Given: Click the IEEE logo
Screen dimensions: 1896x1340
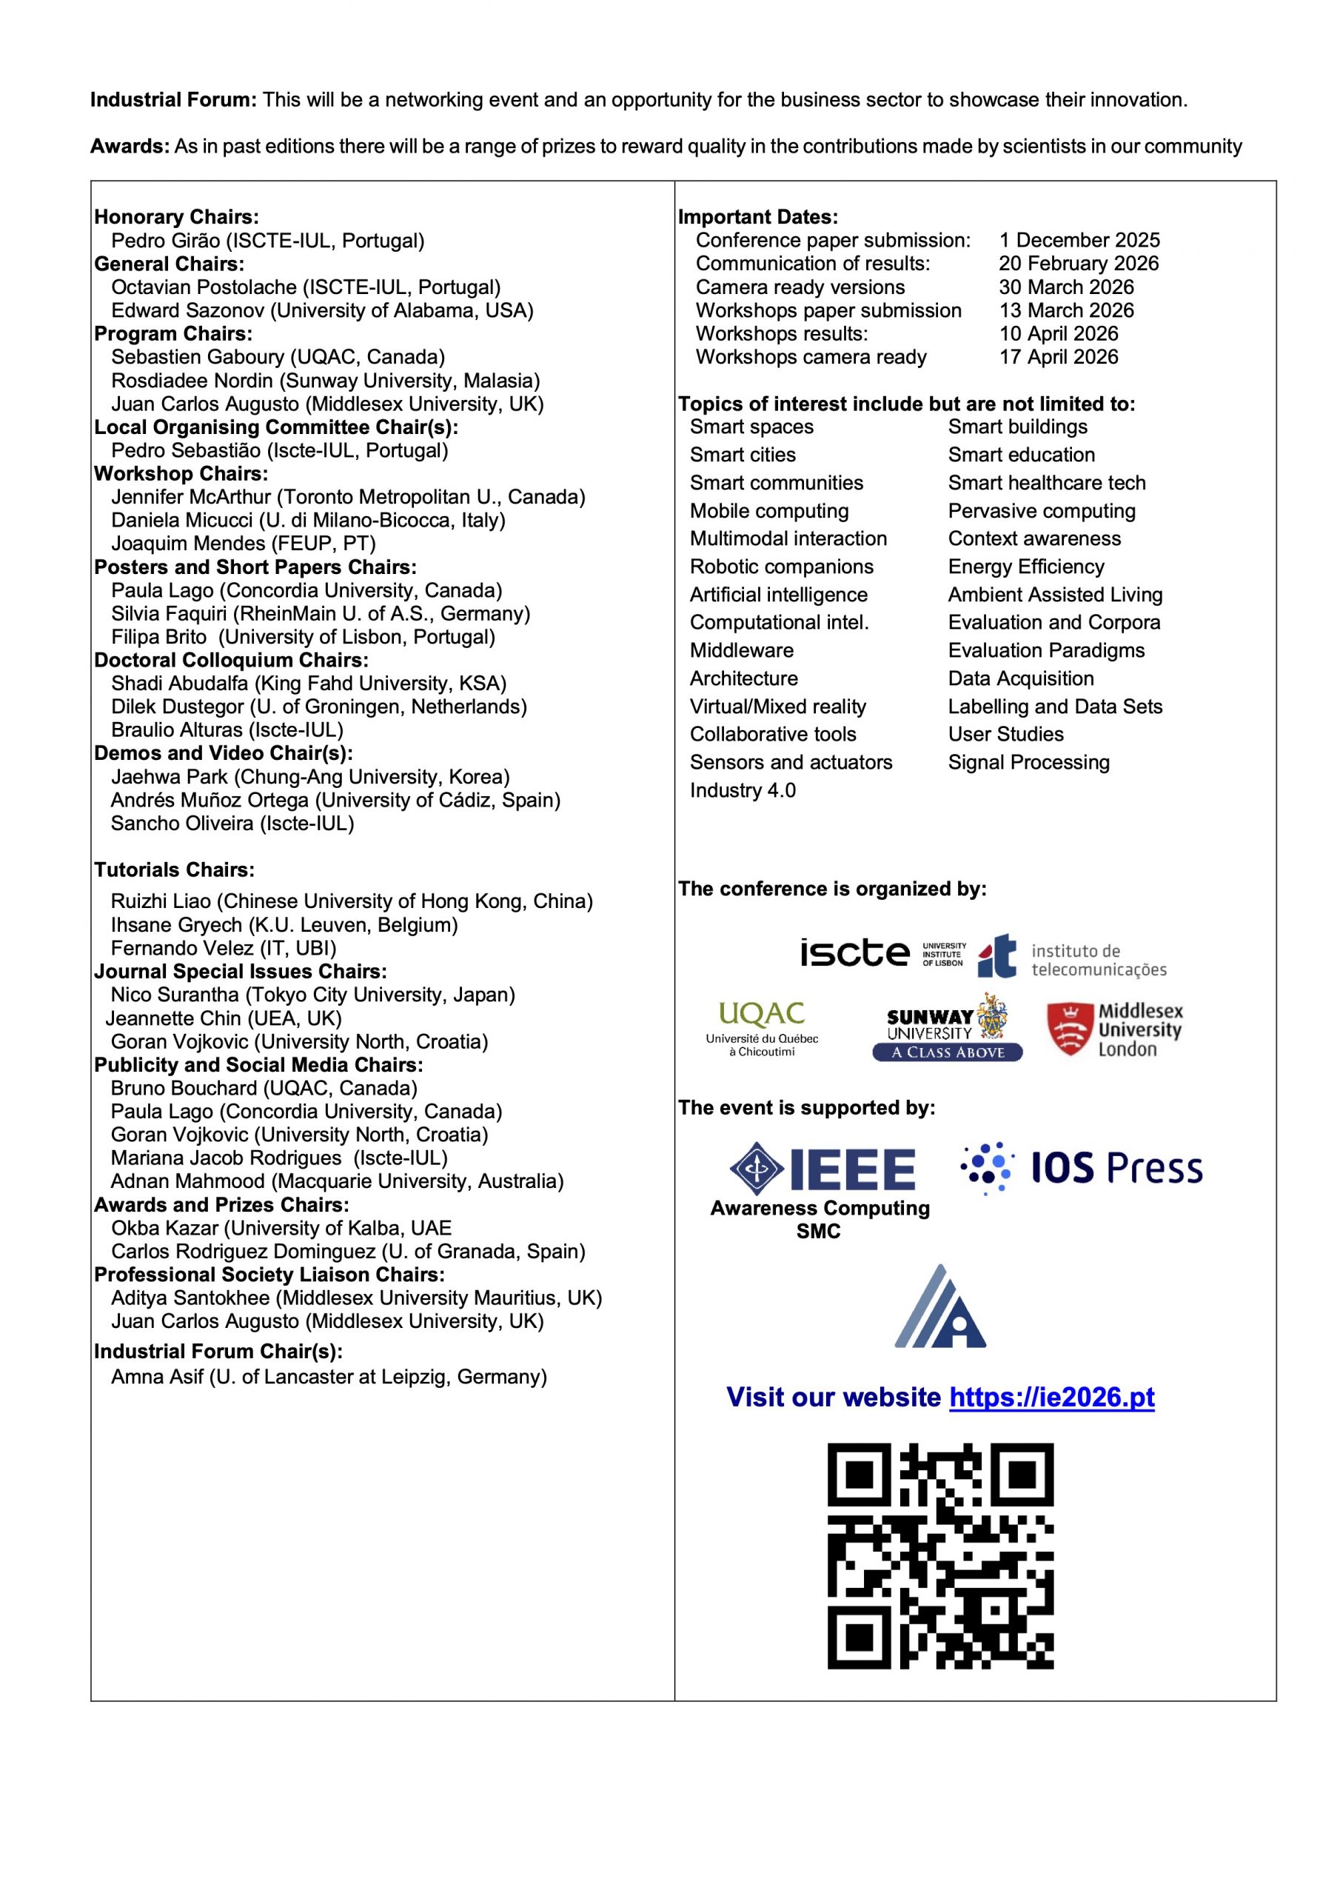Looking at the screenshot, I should tap(822, 1169).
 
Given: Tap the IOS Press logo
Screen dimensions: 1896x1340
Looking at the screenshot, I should tap(1082, 1169).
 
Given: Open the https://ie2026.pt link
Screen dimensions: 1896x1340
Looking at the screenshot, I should tap(1051, 1398).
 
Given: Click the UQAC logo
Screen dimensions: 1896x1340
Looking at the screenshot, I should tap(761, 1028).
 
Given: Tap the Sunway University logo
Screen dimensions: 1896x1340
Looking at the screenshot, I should tap(947, 1029).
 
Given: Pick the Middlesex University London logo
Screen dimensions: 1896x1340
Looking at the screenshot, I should tap(1115, 1029).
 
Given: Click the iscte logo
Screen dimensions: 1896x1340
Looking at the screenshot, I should tap(882, 953).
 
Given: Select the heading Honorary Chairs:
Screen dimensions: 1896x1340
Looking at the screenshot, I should tap(176, 217).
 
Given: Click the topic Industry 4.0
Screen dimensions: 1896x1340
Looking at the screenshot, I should tap(743, 790).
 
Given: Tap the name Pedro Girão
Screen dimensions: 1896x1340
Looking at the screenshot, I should tap(165, 241).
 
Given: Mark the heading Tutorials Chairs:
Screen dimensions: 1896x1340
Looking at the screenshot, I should tap(174, 869).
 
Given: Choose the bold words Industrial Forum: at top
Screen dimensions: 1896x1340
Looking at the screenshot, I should tap(173, 100).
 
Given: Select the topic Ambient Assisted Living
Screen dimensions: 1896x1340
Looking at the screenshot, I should tap(1054, 595).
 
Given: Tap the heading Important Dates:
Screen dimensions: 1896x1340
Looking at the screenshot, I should tap(757, 217).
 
